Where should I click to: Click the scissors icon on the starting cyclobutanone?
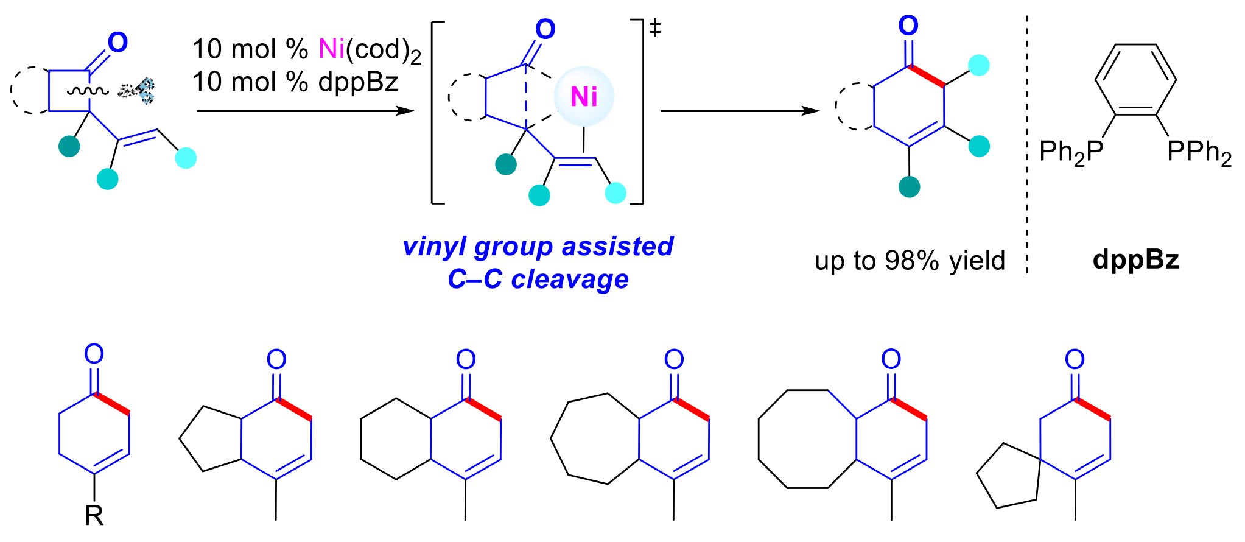point(137,91)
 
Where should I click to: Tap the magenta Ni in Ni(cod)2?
point(332,49)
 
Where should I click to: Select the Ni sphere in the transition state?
point(584,96)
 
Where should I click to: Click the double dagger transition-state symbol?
point(655,27)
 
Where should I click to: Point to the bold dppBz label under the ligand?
point(1136,260)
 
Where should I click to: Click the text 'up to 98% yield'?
point(910,261)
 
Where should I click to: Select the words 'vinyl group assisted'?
point(538,246)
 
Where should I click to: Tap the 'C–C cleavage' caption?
point(538,279)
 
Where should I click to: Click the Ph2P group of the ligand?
point(1071,152)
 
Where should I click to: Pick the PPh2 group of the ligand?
point(1199,152)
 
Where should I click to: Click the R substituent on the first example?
point(94,516)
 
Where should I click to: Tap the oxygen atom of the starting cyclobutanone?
point(117,42)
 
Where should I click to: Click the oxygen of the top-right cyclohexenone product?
point(908,26)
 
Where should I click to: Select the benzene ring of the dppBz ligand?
point(1135,79)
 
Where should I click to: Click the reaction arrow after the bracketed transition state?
point(740,111)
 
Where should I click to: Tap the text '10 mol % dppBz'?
point(295,82)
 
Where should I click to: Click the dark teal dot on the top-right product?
point(910,187)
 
